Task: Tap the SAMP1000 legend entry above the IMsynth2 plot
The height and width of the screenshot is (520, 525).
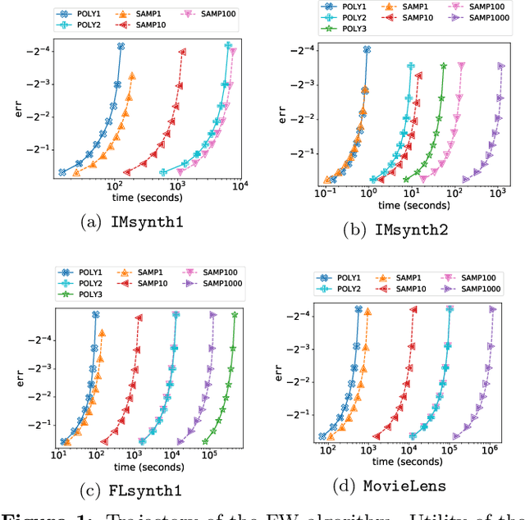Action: (x=474, y=17)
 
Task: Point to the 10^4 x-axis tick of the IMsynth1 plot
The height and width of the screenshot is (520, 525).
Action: (x=239, y=188)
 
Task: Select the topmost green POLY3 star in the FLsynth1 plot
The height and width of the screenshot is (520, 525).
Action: (x=235, y=314)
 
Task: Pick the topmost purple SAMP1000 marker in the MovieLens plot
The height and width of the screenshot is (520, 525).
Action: (x=493, y=309)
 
